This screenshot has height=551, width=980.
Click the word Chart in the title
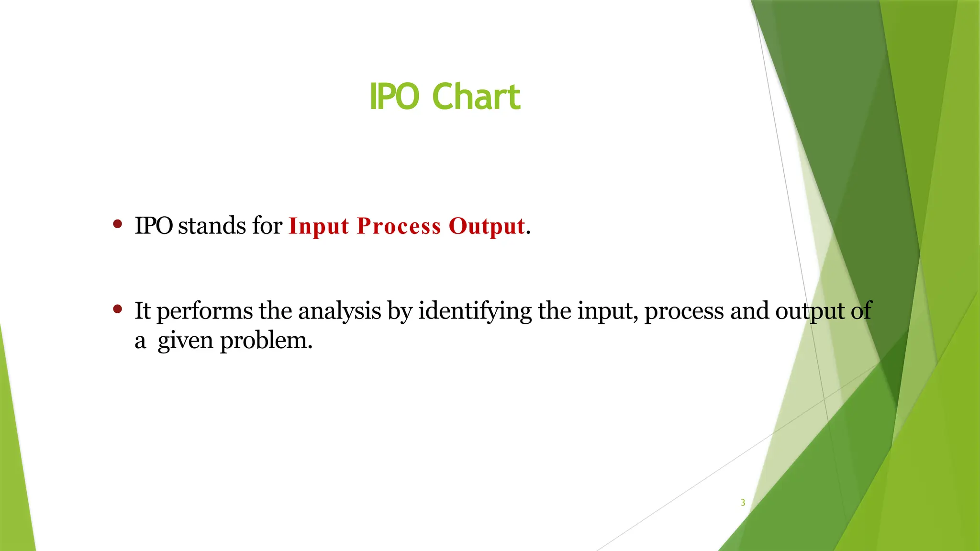[x=476, y=97]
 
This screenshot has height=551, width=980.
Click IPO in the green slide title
[x=394, y=97]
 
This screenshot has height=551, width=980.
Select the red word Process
[x=399, y=226]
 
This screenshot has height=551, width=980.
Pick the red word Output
[x=486, y=226]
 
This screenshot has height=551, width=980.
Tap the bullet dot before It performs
[x=118, y=309]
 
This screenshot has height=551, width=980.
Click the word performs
[x=204, y=312]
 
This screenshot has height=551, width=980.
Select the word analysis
[x=339, y=312]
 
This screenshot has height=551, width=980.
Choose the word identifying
[x=475, y=312]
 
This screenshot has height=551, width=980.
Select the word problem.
[x=266, y=342]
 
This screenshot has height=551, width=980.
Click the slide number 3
[x=743, y=503]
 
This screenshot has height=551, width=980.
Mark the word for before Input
[x=267, y=226]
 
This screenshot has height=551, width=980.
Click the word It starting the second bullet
[x=142, y=311]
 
